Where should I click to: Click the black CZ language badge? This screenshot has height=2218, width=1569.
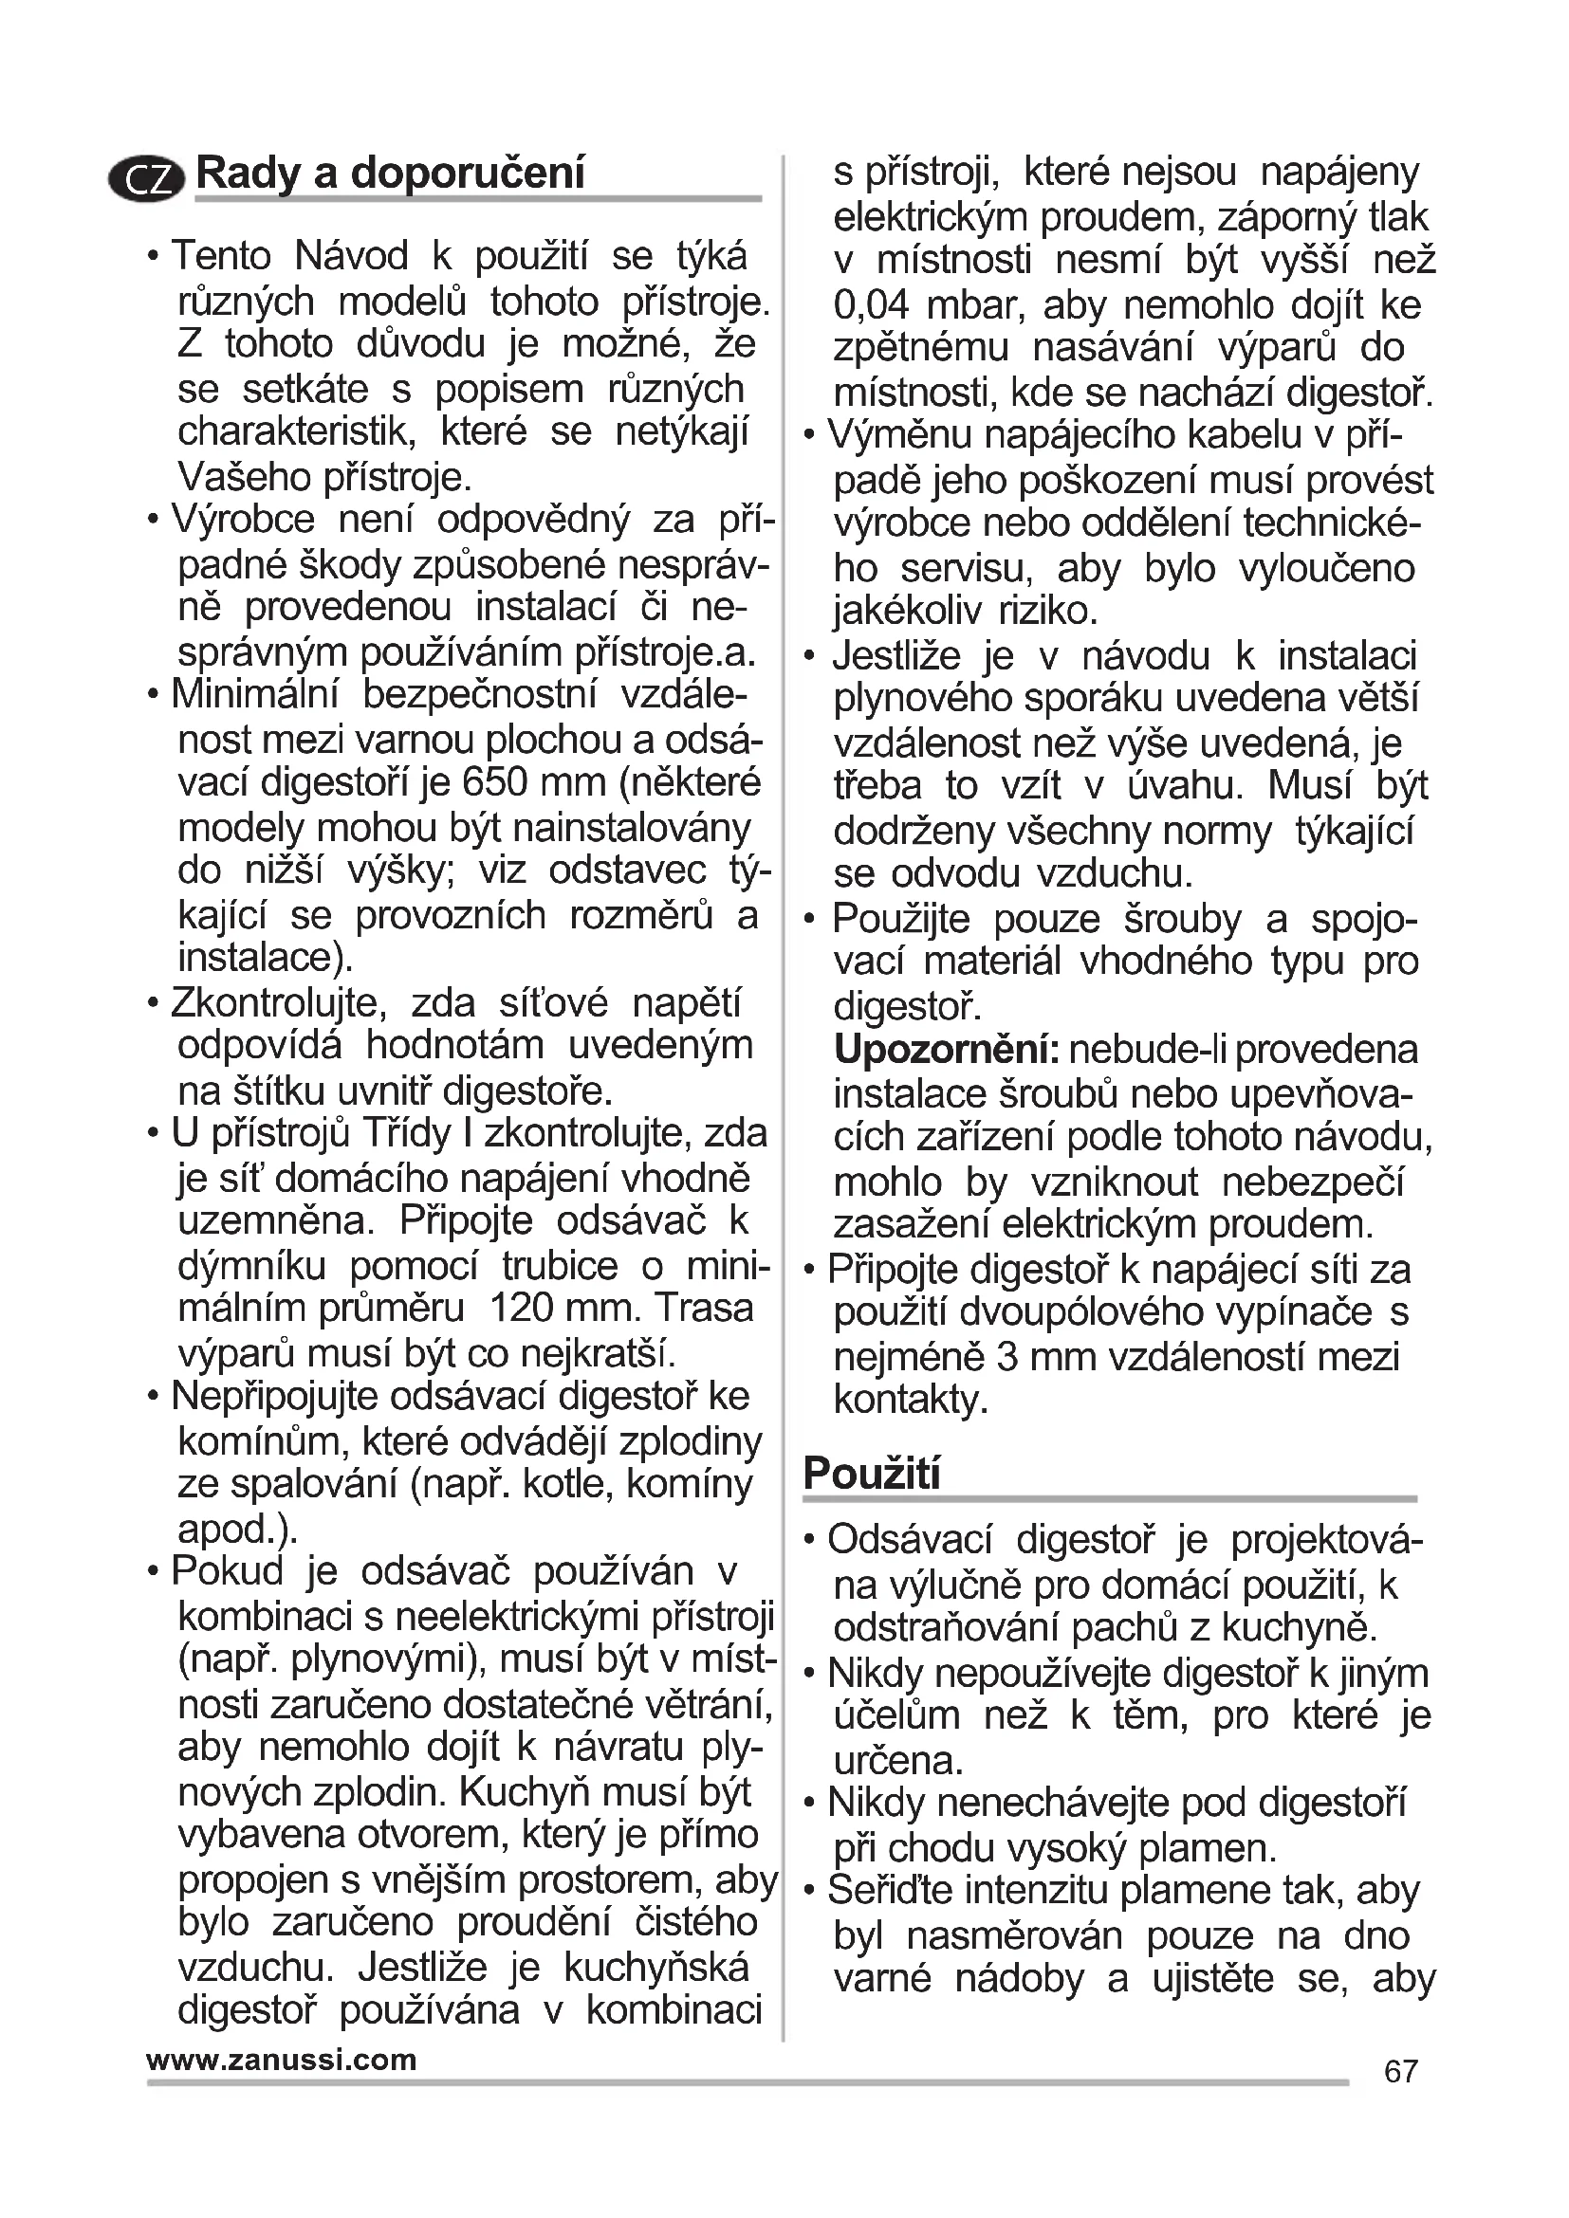tap(146, 178)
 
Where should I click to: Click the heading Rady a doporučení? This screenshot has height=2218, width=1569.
tap(390, 174)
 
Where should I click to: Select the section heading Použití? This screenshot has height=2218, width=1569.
tap(872, 1475)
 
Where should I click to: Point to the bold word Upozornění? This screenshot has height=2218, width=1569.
tap(947, 1049)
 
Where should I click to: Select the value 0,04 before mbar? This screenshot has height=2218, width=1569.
tap(872, 305)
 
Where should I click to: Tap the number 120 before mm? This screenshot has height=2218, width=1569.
tap(521, 1308)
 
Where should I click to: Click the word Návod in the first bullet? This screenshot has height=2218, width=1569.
tap(352, 256)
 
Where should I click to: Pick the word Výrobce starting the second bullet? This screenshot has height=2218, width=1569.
tap(244, 520)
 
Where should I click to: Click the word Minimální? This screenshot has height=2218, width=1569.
tap(255, 694)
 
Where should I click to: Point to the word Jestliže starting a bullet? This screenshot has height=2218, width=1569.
tap(896, 656)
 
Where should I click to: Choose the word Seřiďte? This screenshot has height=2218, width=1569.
tap(888, 1891)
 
